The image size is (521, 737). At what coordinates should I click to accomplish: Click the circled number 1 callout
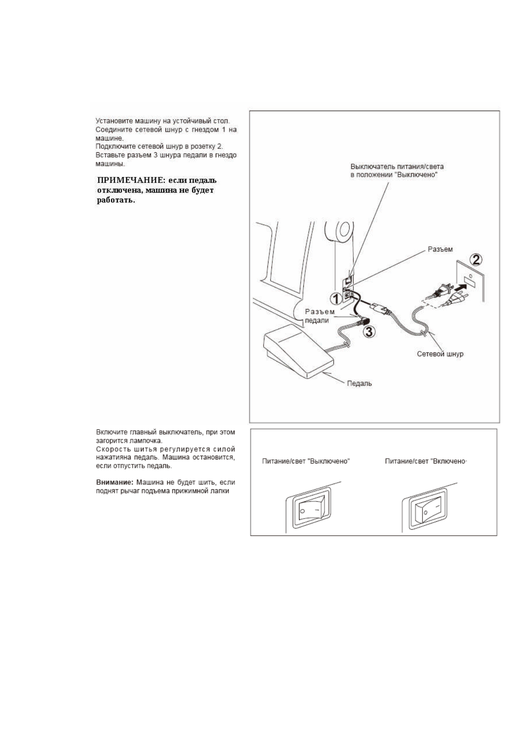coord(335,299)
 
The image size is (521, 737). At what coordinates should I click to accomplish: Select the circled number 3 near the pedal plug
coord(370,332)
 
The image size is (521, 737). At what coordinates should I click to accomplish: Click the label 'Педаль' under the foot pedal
coord(359,383)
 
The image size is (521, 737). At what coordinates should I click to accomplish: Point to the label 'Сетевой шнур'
coord(440,354)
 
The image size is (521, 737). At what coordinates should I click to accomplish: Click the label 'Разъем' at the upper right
coord(440,249)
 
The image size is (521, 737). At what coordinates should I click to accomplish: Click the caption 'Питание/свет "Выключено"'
coord(306,461)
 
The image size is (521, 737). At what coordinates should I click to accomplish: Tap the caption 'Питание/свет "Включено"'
coord(426,461)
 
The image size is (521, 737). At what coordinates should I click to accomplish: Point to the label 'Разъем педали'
coord(319,316)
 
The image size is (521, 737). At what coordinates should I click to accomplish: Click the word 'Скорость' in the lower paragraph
coord(110,449)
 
